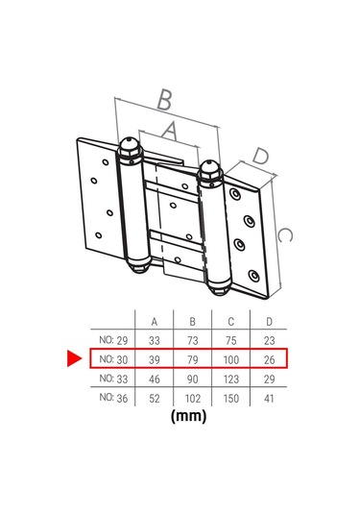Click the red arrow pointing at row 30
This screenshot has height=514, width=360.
[x=74, y=358]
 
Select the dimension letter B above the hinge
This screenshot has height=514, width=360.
[x=165, y=99]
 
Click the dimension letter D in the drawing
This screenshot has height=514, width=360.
[x=261, y=156]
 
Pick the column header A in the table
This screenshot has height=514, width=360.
[x=155, y=322]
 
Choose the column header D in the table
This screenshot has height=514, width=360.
[x=269, y=322]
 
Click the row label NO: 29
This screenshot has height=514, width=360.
[x=113, y=340]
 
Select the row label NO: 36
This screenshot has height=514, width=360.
[x=113, y=398]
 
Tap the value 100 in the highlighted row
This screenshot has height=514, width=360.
[x=231, y=359]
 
